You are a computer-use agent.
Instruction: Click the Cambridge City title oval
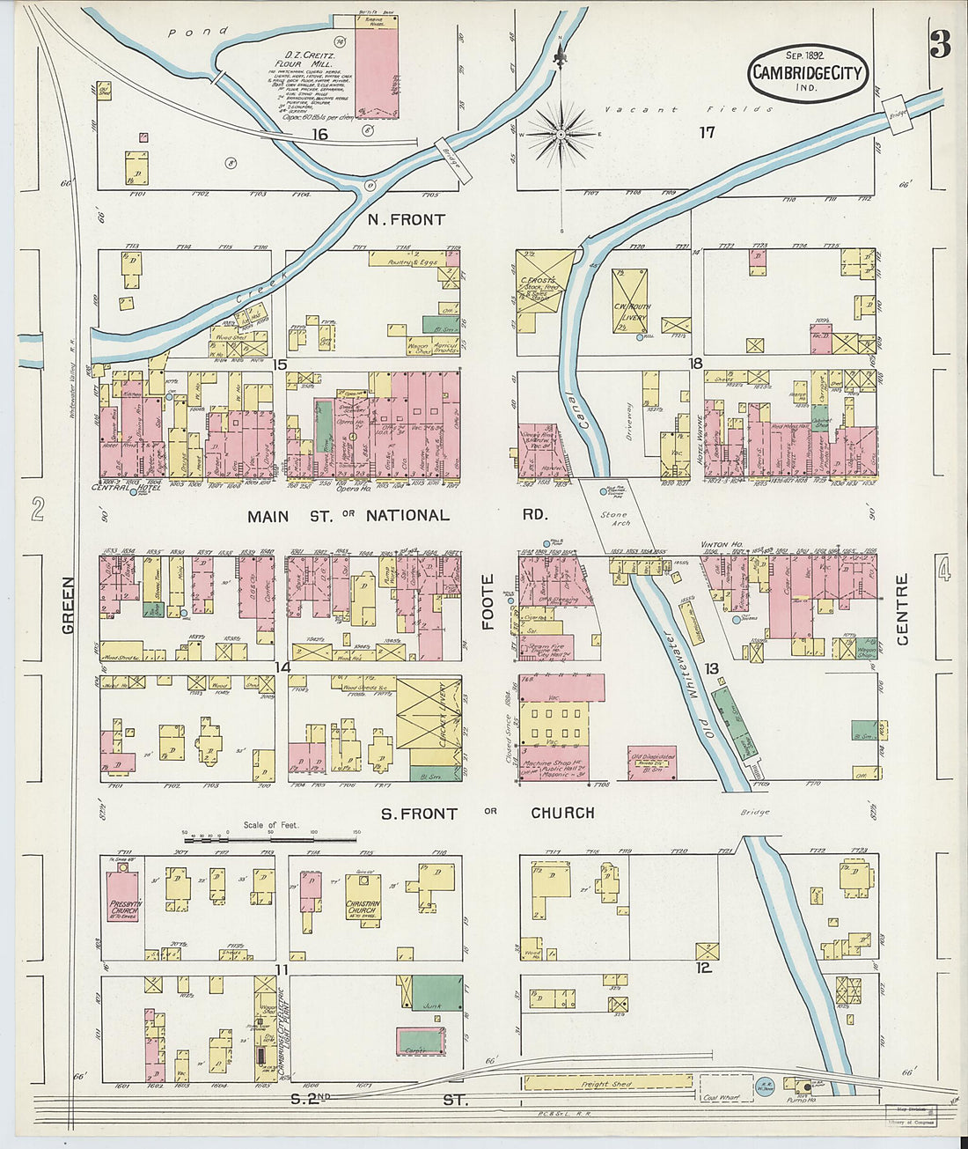pyautogui.click(x=808, y=74)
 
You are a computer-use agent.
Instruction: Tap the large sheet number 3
pyautogui.click(x=940, y=43)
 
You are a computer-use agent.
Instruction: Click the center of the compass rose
pyautogui.click(x=561, y=135)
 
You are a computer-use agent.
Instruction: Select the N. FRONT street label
pyautogui.click(x=406, y=219)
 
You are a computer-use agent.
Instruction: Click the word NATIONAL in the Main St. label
pyautogui.click(x=407, y=515)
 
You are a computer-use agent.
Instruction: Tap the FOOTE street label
pyautogui.click(x=488, y=601)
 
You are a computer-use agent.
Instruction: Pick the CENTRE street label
pyautogui.click(x=902, y=609)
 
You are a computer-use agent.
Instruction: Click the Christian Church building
pyautogui.click(x=363, y=901)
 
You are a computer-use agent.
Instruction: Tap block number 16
pyautogui.click(x=319, y=134)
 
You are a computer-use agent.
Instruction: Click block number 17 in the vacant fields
pyautogui.click(x=707, y=133)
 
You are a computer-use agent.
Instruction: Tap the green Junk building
pyautogui.click(x=436, y=992)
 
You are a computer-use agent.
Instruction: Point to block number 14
pyautogui.click(x=282, y=667)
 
